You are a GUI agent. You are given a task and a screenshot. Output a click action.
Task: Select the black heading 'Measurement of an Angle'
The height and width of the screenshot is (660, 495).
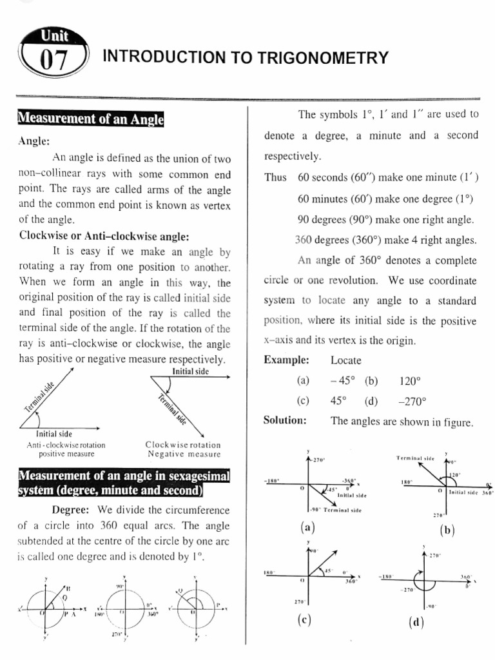(x=90, y=119)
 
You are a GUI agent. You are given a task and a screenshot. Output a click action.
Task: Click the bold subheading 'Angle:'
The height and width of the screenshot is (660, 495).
(x=35, y=141)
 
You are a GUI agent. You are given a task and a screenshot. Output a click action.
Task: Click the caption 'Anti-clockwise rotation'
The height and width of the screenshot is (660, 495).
(x=66, y=445)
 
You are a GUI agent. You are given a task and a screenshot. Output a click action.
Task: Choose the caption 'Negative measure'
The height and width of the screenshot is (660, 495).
(x=184, y=454)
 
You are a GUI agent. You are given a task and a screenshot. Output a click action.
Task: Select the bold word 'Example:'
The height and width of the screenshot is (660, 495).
(x=286, y=360)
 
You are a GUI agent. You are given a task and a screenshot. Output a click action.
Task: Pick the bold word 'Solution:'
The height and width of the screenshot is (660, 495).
(x=285, y=421)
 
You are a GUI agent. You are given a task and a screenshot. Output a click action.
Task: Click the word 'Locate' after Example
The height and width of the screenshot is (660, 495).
(x=346, y=360)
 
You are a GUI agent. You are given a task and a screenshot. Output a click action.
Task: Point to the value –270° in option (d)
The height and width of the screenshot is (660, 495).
(x=412, y=401)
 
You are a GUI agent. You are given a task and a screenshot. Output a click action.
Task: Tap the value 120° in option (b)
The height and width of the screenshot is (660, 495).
(x=410, y=380)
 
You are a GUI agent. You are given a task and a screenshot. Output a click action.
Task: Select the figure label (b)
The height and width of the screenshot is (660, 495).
(x=447, y=530)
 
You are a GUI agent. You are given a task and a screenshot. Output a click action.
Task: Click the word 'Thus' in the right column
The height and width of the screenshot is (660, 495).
(x=275, y=177)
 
